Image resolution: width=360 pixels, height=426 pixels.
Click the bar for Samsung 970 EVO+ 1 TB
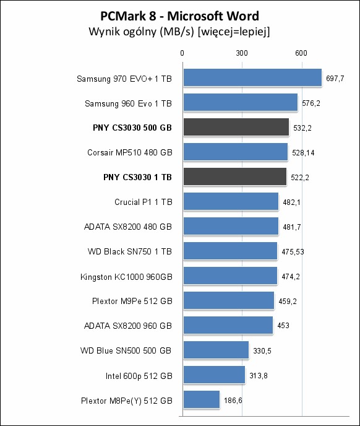(x=252, y=77)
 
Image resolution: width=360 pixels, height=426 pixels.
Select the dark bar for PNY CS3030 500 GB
(x=236, y=127)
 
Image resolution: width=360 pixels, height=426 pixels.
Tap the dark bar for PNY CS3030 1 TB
(x=235, y=176)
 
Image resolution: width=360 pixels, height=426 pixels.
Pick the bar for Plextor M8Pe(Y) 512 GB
(x=202, y=399)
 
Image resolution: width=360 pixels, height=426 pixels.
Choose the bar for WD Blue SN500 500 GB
(x=216, y=350)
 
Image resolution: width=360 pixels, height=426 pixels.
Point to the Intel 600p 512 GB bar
(x=214, y=375)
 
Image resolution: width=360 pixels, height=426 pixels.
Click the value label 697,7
(x=335, y=79)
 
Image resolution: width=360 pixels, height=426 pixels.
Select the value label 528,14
(x=303, y=153)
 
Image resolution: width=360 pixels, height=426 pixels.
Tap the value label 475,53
(x=293, y=252)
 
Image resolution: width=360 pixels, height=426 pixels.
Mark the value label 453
(x=283, y=326)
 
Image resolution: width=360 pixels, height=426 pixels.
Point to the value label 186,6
(x=233, y=400)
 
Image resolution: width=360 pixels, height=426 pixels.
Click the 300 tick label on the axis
(x=242, y=53)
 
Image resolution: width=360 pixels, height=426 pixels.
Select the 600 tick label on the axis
(x=301, y=53)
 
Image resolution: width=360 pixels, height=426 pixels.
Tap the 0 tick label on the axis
(x=182, y=53)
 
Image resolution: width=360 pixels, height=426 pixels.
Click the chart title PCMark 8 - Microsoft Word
(x=180, y=16)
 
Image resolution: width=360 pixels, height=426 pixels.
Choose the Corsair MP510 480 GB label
(x=130, y=152)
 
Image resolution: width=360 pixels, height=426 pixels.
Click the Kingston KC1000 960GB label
(x=126, y=277)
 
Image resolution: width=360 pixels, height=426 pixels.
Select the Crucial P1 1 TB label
(x=144, y=202)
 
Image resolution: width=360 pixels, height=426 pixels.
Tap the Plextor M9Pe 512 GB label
(x=132, y=301)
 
